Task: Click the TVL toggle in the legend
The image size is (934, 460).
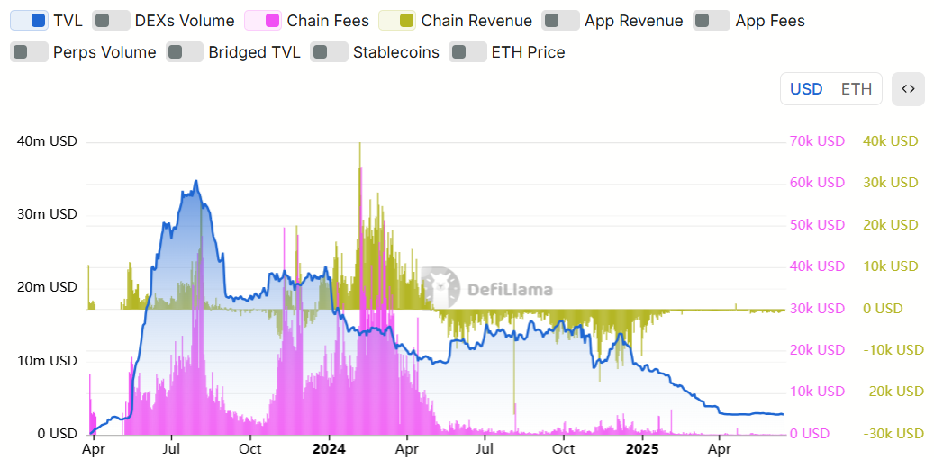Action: pos(29,20)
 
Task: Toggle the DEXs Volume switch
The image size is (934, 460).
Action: pos(112,20)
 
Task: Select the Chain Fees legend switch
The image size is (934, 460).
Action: pos(263,20)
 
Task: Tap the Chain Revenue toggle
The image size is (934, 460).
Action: pos(397,20)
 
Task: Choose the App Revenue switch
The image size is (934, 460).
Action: pos(561,20)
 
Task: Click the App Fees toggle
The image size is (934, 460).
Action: pos(712,20)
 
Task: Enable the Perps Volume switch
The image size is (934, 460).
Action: pos(29,52)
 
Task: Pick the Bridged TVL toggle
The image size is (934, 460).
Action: pos(186,52)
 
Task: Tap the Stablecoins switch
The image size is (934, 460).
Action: pos(330,52)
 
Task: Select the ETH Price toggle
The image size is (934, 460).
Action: pos(468,52)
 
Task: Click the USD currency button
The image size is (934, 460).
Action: pos(806,89)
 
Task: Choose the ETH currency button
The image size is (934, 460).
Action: pos(857,89)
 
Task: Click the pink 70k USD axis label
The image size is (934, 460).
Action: pos(817,141)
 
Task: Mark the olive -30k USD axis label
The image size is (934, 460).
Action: pos(893,433)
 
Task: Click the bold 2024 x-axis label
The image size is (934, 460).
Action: pos(329,448)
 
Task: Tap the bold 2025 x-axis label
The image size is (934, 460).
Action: pos(642,448)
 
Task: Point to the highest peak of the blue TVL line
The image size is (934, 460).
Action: pos(195,181)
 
